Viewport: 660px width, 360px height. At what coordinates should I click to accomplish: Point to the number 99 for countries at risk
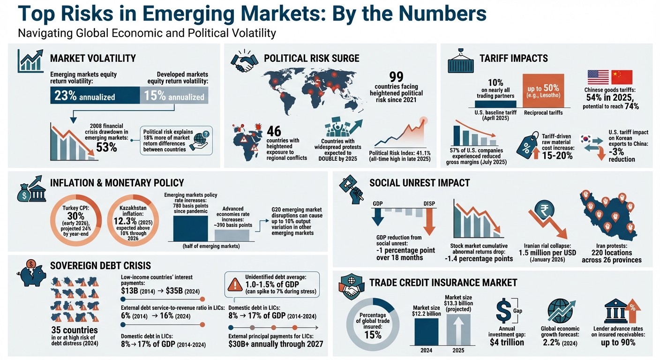pyautogui.click(x=396, y=77)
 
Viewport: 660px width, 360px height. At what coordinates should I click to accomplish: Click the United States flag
pyautogui.click(x=598, y=77)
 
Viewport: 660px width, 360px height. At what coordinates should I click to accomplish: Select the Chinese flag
pyautogui.click(x=622, y=77)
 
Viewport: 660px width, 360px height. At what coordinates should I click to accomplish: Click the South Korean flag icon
pyautogui.click(x=586, y=139)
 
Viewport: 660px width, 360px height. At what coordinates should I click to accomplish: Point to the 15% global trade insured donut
pyautogui.click(x=370, y=325)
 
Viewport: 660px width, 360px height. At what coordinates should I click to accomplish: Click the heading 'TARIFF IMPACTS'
pyautogui.click(x=514, y=59)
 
